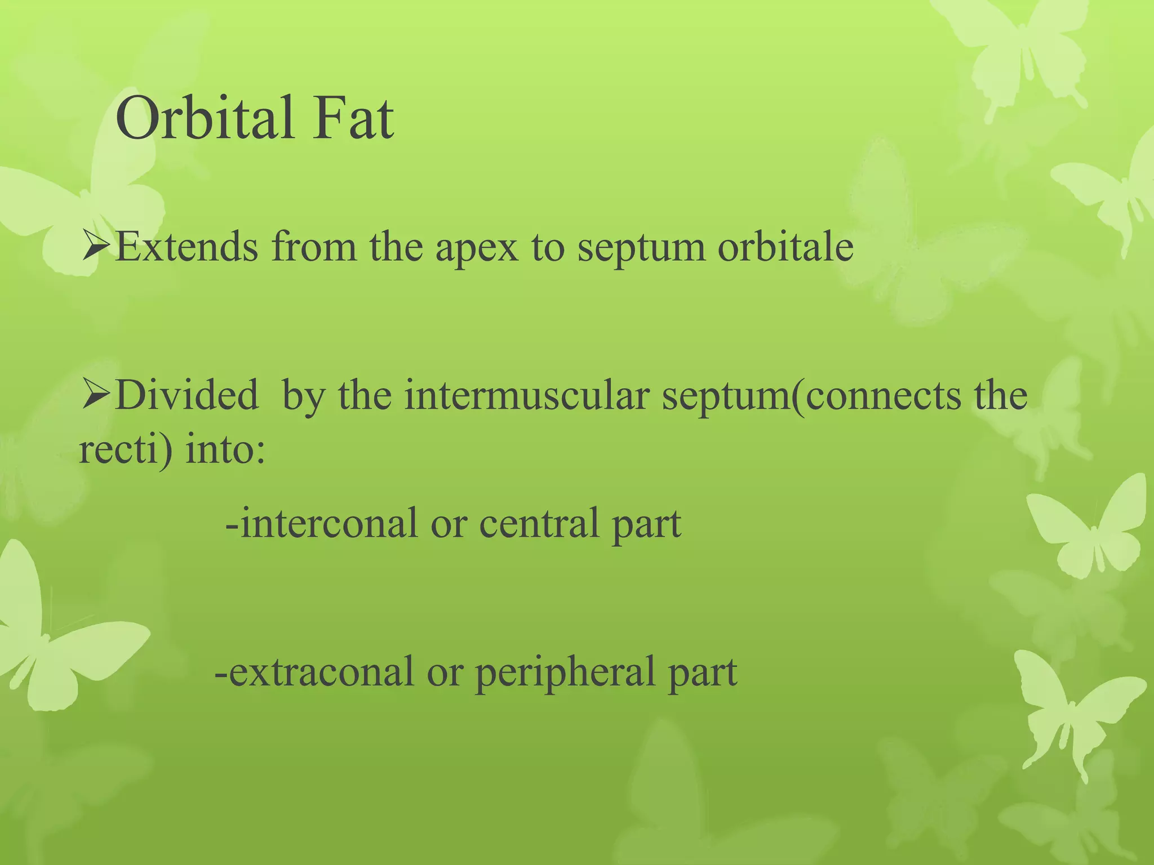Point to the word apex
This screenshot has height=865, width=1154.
pos(477,248)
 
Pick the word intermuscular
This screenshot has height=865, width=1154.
pos(526,395)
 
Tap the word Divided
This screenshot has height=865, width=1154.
pos(187,395)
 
